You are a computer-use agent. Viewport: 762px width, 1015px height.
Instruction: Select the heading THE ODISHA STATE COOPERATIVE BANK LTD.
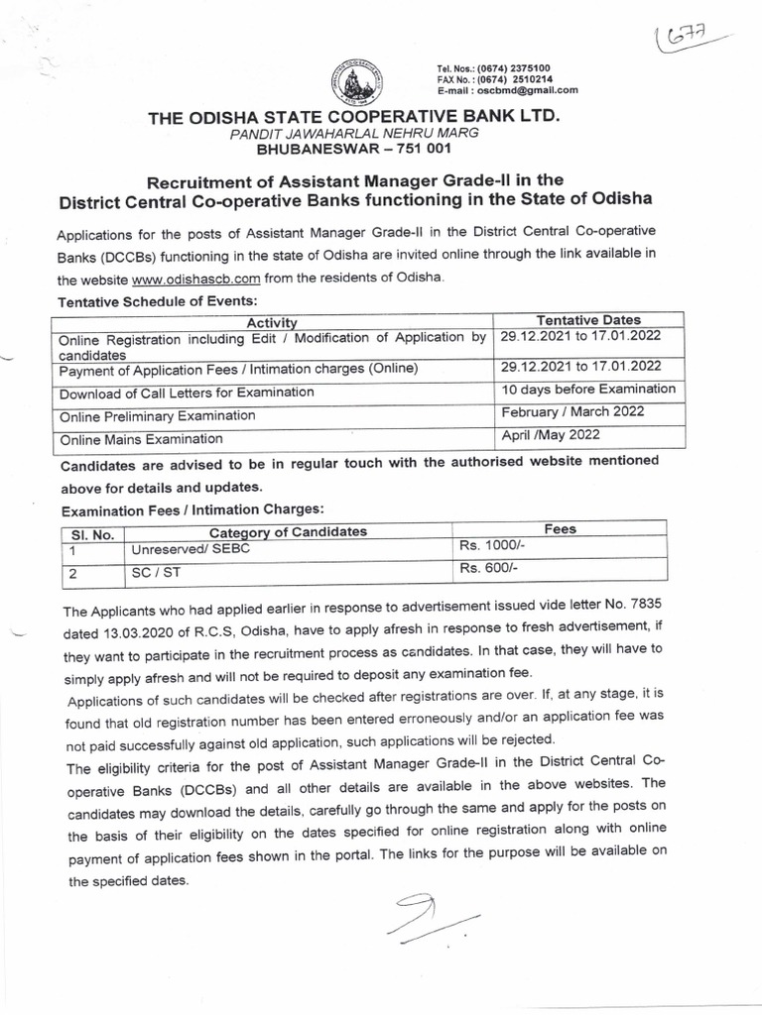[354, 118]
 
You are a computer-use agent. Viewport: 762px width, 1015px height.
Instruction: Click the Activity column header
[273, 320]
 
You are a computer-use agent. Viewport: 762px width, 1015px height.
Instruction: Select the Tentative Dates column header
[588, 319]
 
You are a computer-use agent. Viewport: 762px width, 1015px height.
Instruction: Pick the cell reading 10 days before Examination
[588, 389]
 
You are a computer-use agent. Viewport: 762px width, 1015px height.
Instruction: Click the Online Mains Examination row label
[141, 438]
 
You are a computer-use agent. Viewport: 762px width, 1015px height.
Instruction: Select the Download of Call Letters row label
[187, 393]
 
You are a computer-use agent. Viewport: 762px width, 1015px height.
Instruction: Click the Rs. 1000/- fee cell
[487, 546]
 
